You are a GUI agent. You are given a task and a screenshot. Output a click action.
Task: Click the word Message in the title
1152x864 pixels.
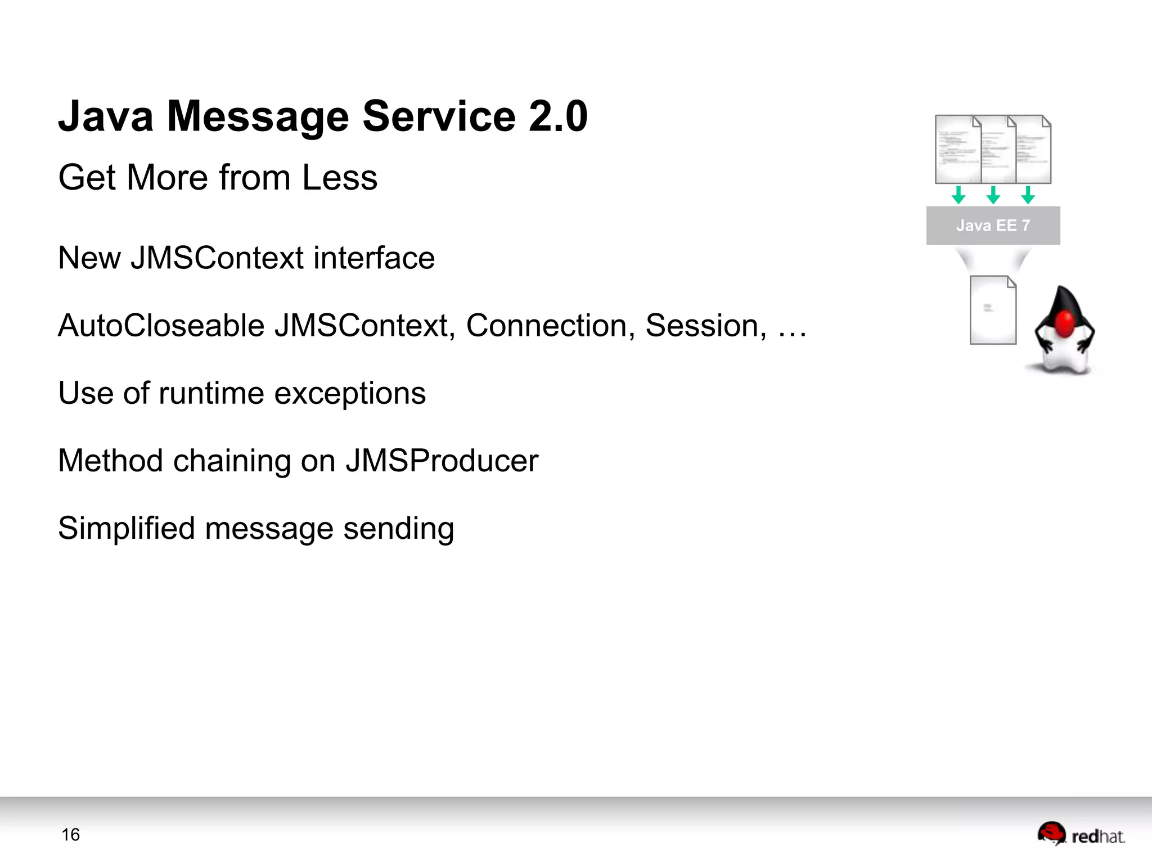[x=258, y=116]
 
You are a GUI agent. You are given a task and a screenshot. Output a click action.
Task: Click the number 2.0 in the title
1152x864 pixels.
[x=557, y=116]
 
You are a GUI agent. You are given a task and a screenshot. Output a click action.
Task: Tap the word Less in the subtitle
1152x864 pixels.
[x=339, y=178]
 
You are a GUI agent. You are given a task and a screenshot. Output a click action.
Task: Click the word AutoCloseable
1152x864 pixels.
[x=161, y=326]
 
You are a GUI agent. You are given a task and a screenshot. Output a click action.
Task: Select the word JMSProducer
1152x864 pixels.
[x=442, y=461]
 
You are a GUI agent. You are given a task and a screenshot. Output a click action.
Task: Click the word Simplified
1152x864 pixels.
[x=126, y=529]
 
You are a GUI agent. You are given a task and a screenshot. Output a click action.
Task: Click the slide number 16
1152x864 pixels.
[x=70, y=835]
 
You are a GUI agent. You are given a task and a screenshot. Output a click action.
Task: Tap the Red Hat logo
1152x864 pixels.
[x=1080, y=834]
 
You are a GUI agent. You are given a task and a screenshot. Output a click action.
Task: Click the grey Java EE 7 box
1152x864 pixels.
[x=993, y=226]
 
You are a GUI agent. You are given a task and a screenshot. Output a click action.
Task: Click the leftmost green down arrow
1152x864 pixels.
[x=958, y=195]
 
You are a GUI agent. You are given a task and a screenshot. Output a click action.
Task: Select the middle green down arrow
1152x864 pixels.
[x=993, y=195]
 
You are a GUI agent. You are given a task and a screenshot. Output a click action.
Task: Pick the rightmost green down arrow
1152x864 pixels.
[x=1028, y=195]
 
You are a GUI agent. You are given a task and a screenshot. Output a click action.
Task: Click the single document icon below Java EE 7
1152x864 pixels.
[x=993, y=310]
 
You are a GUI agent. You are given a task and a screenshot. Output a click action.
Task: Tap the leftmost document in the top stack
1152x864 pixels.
[x=956, y=150]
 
